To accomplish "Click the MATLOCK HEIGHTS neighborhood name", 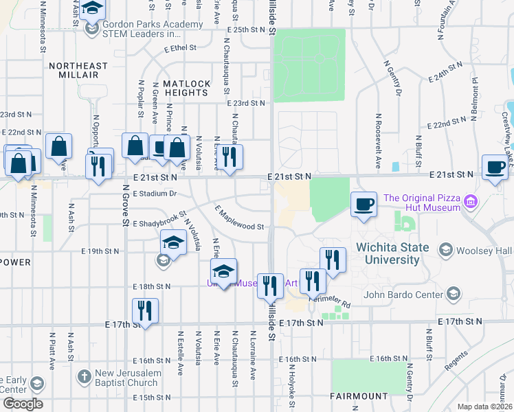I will pyautogui.click(x=186, y=88).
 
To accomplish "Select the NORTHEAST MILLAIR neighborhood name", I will pyautogui.click(x=78, y=71).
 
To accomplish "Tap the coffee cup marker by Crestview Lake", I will pyautogui.click(x=494, y=167).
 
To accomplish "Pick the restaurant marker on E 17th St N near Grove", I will pyautogui.click(x=145, y=310).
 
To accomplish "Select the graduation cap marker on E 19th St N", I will pyautogui.click(x=173, y=242).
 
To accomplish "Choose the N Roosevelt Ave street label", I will pyautogui.click(x=378, y=141).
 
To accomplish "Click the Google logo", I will pyautogui.click(x=23, y=404).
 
